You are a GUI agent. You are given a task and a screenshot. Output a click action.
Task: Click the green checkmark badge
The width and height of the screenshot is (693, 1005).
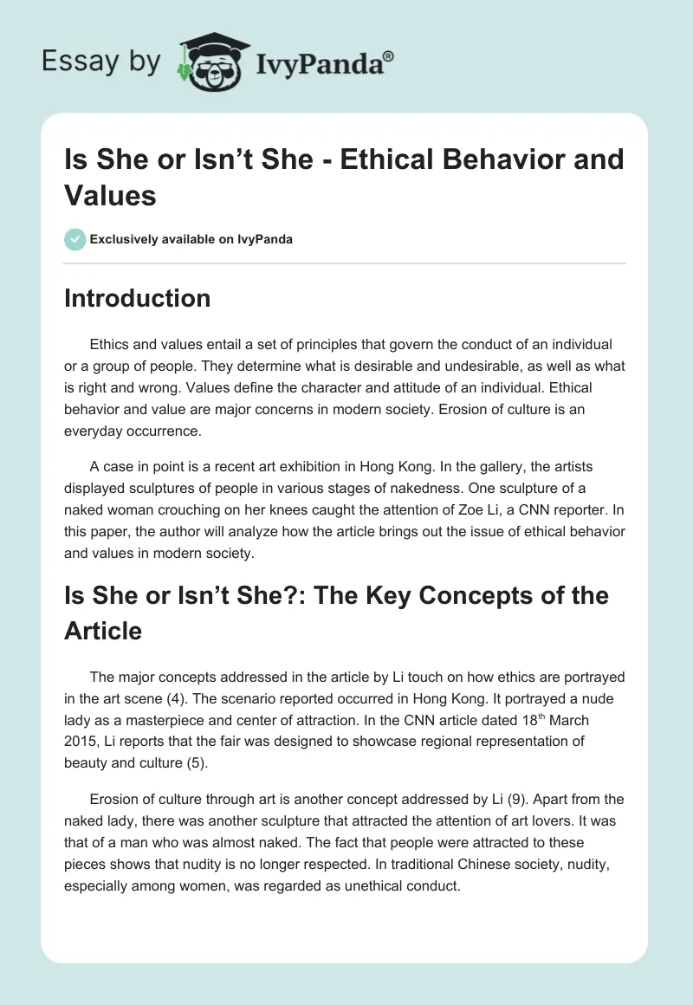coord(75,239)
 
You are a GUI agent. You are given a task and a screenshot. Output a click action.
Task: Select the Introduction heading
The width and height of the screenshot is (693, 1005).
coord(137,298)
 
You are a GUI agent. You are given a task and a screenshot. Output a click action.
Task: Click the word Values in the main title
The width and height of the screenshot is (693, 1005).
coord(110,195)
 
